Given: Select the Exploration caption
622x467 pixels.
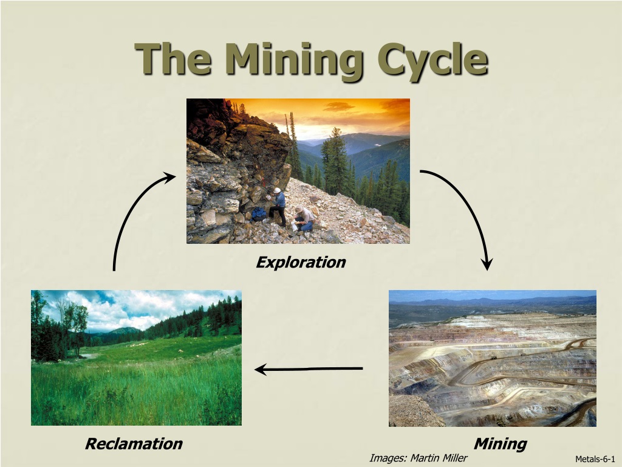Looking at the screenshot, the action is [301, 263].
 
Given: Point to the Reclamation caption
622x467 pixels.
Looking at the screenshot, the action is [134, 443].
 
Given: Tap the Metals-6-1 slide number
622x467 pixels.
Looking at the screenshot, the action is [595, 459].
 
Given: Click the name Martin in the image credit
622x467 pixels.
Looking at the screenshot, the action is [425, 458].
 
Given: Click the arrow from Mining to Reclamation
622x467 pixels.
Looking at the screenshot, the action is [309, 369].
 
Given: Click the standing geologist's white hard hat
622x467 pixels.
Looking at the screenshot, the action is [277, 190].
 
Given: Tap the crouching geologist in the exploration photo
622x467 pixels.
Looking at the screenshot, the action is [304, 218].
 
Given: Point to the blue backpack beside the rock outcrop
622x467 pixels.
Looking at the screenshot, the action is [259, 214].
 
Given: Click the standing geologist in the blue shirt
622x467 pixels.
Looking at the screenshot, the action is [278, 207].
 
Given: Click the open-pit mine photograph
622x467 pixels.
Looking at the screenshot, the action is [492, 358].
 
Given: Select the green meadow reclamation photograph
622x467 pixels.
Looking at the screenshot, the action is [136, 358].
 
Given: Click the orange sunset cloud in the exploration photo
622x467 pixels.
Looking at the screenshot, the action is [338, 106].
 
